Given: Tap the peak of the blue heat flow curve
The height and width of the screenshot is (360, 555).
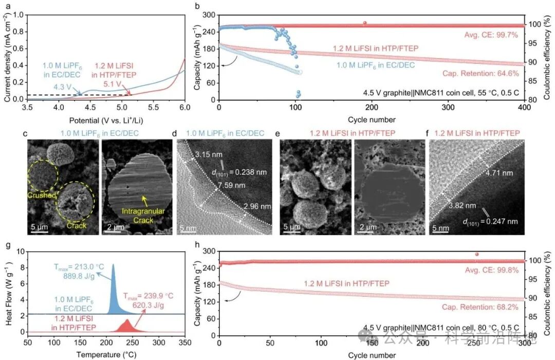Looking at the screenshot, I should click(x=113, y=265).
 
